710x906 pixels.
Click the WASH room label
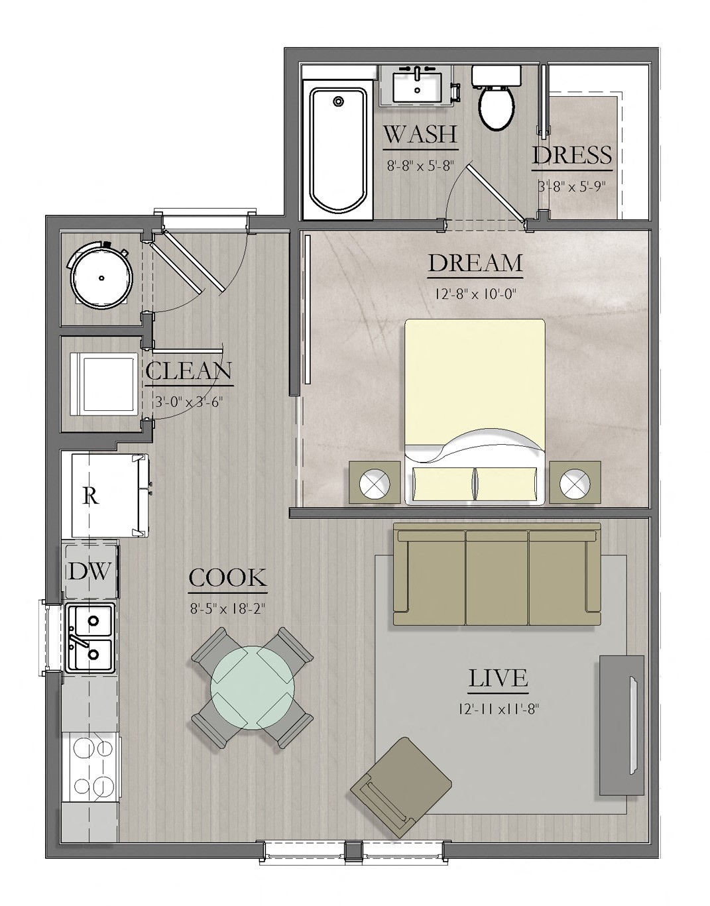tap(420, 135)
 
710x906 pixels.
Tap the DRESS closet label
tap(571, 156)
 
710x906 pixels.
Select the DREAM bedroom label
tap(475, 263)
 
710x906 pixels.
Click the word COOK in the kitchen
tap(227, 578)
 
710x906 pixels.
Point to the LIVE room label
tap(498, 679)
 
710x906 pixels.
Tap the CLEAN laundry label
tap(189, 371)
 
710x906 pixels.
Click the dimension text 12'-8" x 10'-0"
tap(475, 294)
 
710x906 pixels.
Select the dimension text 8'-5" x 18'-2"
tap(227, 608)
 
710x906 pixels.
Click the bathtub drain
tap(339, 101)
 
